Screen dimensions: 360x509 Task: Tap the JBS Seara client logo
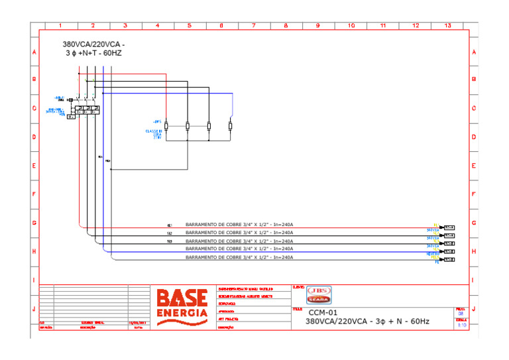pyautogui.click(x=319, y=295)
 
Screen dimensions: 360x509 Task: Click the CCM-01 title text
pyautogui.click(x=323, y=312)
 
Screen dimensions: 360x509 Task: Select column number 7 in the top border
pyautogui.click(x=253, y=26)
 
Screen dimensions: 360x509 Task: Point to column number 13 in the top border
pyautogui.click(x=448, y=26)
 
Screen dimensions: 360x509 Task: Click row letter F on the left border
pyautogui.click(x=34, y=195)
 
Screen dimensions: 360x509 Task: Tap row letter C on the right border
pyautogui.click(x=474, y=108)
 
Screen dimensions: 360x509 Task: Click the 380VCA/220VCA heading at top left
pyautogui.click(x=93, y=48)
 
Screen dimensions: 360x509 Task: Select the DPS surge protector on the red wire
pyautogui.click(x=166, y=126)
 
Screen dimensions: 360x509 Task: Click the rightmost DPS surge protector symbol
pyautogui.click(x=230, y=126)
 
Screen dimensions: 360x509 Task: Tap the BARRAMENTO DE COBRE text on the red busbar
pyautogui.click(x=239, y=225)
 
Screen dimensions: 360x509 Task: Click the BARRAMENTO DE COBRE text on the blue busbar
pyautogui.click(x=239, y=249)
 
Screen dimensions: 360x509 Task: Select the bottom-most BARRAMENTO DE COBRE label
pyautogui.click(x=239, y=257)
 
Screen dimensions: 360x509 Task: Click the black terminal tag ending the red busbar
pyautogui.click(x=449, y=227)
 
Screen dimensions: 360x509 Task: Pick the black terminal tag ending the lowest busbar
pyautogui.click(x=449, y=260)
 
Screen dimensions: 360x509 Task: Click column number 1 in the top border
pyautogui.click(x=60, y=26)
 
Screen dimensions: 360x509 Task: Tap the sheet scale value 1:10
pyautogui.click(x=461, y=325)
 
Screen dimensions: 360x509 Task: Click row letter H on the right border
pyautogui.click(x=474, y=252)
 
